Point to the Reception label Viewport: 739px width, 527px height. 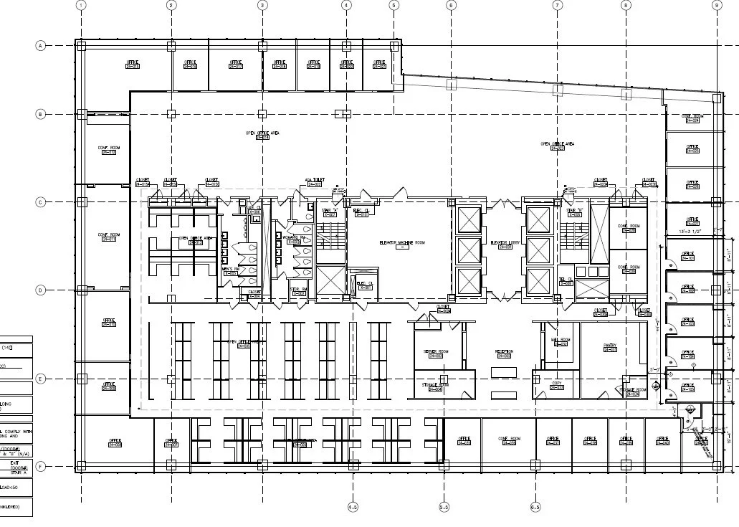(x=504, y=352)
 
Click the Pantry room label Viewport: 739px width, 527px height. (x=610, y=346)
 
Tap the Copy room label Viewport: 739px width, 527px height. (x=557, y=385)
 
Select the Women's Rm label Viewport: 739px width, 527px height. (x=293, y=238)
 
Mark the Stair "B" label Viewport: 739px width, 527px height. (x=575, y=211)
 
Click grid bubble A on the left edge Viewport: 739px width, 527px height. (x=40, y=46)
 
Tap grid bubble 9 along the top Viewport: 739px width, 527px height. (x=716, y=5)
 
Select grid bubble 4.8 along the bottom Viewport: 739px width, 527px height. (x=353, y=507)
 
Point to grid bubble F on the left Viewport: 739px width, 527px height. (x=40, y=467)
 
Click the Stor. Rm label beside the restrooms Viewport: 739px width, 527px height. (x=299, y=290)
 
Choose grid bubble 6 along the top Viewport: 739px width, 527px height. (x=451, y=5)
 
